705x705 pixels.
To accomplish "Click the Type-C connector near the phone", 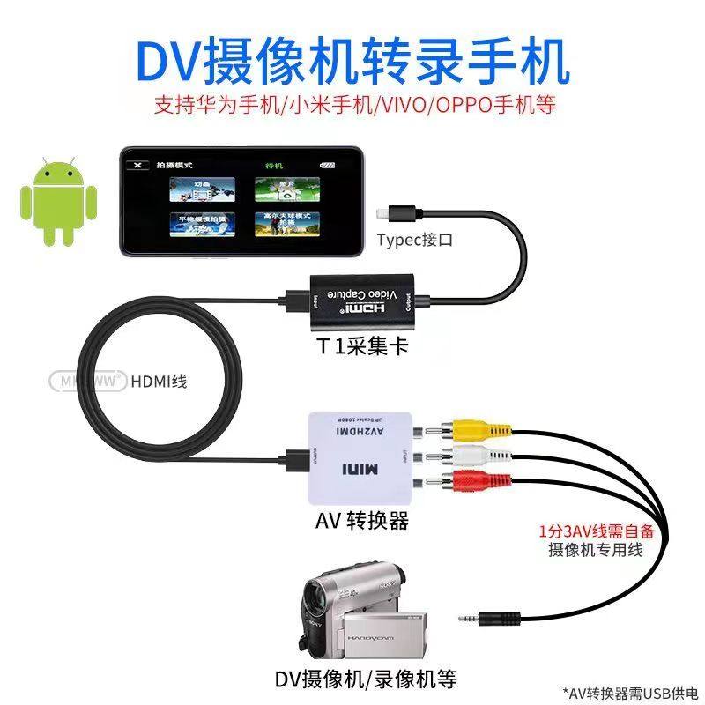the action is click(x=389, y=212).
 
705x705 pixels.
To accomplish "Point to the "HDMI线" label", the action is click(x=159, y=382).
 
